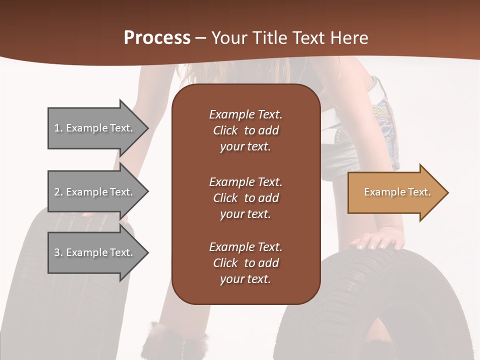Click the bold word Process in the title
pos(157,38)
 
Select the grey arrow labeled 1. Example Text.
pos(95,128)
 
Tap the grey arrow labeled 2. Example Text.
pos(95,192)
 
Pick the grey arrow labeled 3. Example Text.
pos(95,252)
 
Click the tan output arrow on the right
pos(395,192)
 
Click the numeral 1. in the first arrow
pos(58,128)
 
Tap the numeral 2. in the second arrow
pos(58,192)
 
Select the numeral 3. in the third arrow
pos(58,252)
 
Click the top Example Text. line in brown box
pos(245,114)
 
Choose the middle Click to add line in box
pos(245,198)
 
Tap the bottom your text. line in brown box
pos(245,279)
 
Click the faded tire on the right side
pos(380,300)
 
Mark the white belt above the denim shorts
pos(379,90)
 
